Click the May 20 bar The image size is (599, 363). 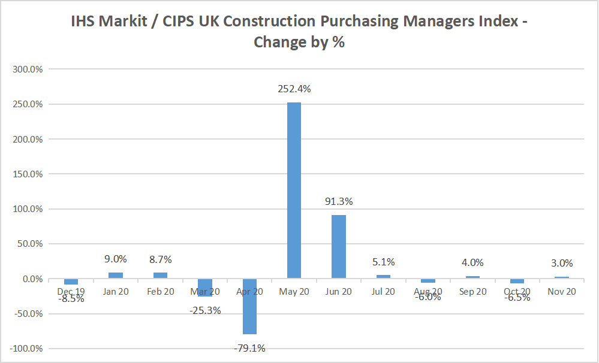294,190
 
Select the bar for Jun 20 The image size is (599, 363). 339,247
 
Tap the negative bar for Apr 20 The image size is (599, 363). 249,306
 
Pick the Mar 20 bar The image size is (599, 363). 204,288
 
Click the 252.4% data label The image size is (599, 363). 294,89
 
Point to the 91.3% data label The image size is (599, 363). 339,202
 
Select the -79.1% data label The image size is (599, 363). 249,347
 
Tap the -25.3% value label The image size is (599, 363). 204,310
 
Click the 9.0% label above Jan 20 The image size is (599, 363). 115,259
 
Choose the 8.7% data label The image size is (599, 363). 160,259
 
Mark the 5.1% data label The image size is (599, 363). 384,262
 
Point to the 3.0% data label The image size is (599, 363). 562,263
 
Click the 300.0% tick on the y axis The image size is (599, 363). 28,69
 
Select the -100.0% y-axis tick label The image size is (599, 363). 27,349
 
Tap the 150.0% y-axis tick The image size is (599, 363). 28,174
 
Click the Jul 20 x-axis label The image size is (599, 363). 384,292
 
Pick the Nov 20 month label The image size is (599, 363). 562,292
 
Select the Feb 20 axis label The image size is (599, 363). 160,292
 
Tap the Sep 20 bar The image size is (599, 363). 473,277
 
